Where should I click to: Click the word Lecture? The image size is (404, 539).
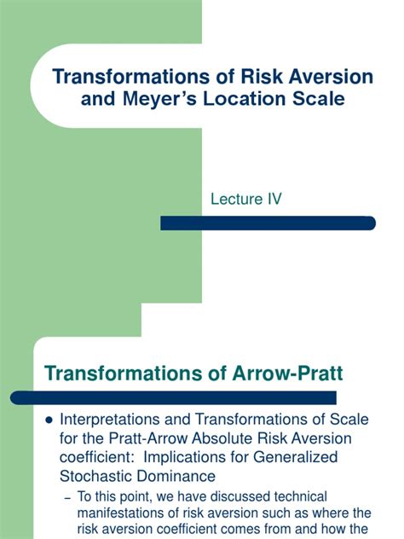point(236,199)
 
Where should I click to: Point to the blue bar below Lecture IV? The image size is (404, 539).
point(268,223)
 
